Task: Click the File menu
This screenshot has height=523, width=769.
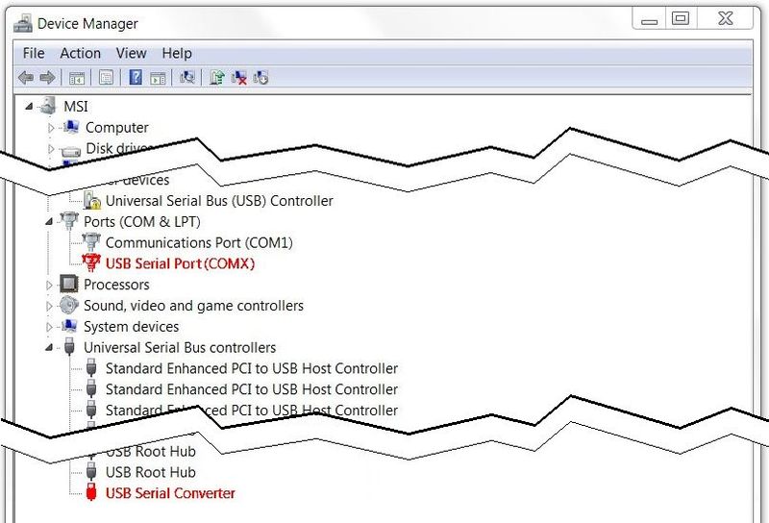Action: click(x=34, y=54)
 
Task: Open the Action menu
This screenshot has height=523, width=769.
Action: click(x=80, y=54)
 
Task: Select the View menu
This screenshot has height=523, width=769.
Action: click(x=131, y=54)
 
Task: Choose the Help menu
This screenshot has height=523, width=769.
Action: click(x=177, y=54)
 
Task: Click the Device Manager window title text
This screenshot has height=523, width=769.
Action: click(x=87, y=23)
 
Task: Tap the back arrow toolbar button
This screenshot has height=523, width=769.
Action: click(x=26, y=78)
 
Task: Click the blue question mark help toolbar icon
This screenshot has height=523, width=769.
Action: click(x=136, y=78)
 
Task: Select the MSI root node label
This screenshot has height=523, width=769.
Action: click(x=76, y=107)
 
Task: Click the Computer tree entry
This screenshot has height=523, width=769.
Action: click(x=116, y=128)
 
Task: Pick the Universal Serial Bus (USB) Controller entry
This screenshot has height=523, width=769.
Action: click(x=219, y=201)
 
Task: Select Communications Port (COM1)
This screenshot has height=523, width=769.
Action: click(x=199, y=242)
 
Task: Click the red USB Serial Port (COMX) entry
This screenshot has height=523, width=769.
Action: click(x=180, y=263)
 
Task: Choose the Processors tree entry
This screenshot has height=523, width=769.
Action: click(x=116, y=285)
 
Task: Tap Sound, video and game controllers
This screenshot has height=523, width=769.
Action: click(x=193, y=306)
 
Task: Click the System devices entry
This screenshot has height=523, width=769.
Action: click(x=131, y=327)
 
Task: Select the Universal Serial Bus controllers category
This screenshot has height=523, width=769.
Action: click(x=180, y=348)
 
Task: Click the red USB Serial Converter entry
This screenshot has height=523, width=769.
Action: click(x=170, y=493)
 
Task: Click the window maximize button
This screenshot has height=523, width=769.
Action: click(x=681, y=17)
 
